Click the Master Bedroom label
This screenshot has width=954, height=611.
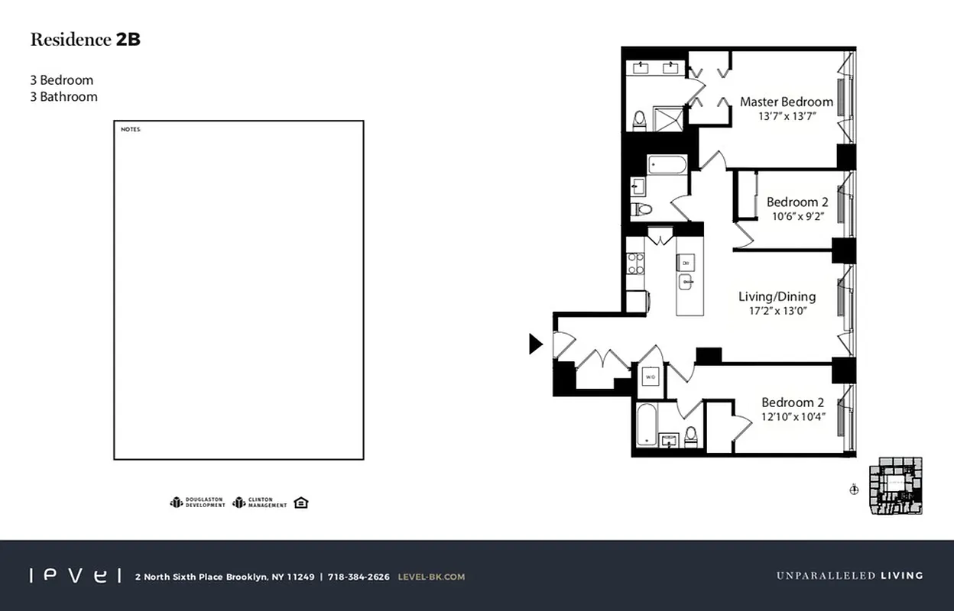pyautogui.click(x=786, y=102)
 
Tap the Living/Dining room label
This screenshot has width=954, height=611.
pyautogui.click(x=777, y=296)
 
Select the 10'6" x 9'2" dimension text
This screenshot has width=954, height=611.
pyautogui.click(x=797, y=216)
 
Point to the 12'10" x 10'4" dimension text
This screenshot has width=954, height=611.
pyautogui.click(x=793, y=416)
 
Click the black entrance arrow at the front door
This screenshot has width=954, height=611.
pyautogui.click(x=535, y=344)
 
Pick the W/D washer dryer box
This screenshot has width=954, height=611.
pyautogui.click(x=650, y=377)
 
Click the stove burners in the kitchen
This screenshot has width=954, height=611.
pyautogui.click(x=635, y=263)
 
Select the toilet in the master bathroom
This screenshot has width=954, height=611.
pyautogui.click(x=639, y=121)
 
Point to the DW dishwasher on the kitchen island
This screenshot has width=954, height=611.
pyautogui.click(x=686, y=263)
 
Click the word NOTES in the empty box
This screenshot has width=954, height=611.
pyautogui.click(x=131, y=130)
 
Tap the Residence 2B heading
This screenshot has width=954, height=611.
pyautogui.click(x=85, y=40)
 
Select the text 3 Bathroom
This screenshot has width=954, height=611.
pyautogui.click(x=63, y=97)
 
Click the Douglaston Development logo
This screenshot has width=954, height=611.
pyautogui.click(x=197, y=503)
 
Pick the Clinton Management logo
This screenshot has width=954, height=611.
pyautogui.click(x=260, y=503)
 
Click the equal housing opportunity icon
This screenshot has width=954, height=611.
pyautogui.click(x=301, y=502)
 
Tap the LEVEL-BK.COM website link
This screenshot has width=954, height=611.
pyautogui.click(x=431, y=577)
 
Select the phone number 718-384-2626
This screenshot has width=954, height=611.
pyautogui.click(x=359, y=577)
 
